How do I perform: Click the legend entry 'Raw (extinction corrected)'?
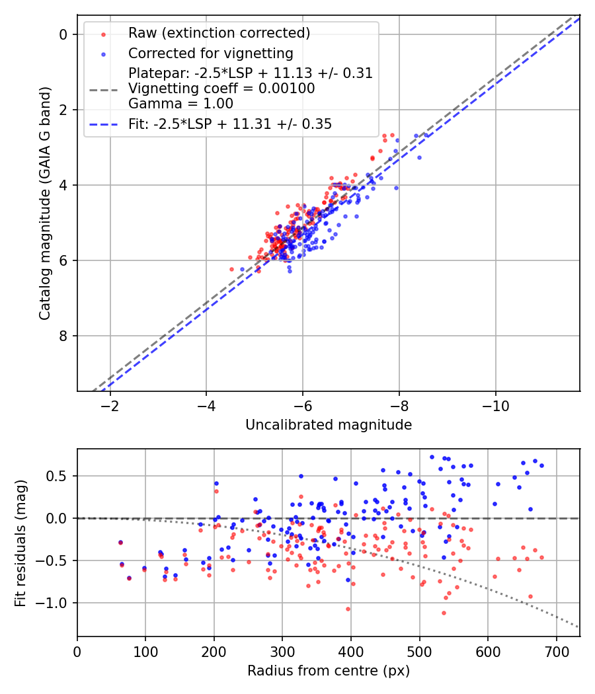[x=219, y=33]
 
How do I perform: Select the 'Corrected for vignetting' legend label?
[x=211, y=53]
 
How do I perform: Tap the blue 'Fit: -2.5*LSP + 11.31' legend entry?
[x=230, y=124]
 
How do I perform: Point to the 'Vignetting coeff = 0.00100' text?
[x=221, y=88]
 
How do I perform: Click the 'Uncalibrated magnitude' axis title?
[x=329, y=425]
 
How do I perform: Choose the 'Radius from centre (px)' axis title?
[x=329, y=671]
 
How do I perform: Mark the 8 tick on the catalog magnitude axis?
[x=64, y=336]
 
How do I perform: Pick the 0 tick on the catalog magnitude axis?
[x=64, y=34]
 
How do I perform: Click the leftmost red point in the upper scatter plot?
[x=231, y=269]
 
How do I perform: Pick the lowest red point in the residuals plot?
[x=444, y=613]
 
